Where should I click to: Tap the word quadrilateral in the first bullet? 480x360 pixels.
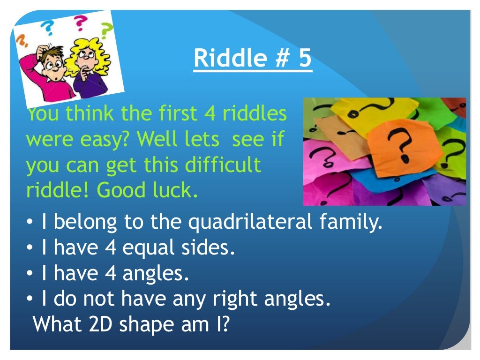(250, 222)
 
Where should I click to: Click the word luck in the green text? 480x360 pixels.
(178, 191)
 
